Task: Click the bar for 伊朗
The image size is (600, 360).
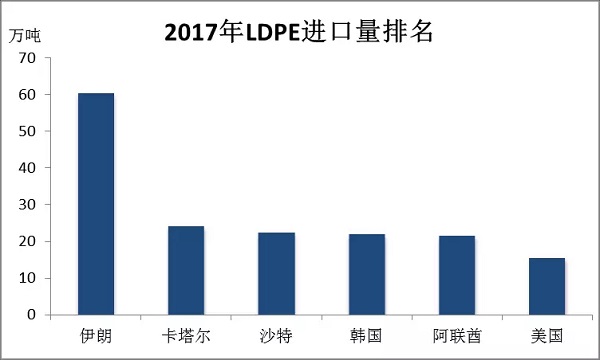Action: pos(96,204)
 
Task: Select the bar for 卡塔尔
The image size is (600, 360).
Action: pos(186,270)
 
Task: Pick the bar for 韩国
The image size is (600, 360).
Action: pos(367,274)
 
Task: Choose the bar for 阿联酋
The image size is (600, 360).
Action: pos(457,275)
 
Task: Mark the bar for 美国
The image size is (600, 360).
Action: pos(547,286)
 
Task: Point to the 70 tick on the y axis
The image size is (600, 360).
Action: pos(27,58)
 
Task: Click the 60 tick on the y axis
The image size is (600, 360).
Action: pos(27,95)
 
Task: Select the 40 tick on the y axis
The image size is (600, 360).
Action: pos(27,168)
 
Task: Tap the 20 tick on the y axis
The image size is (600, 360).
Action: pos(27,242)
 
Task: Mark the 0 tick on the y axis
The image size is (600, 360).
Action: pos(31,315)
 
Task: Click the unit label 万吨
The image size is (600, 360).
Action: pos(25,34)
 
